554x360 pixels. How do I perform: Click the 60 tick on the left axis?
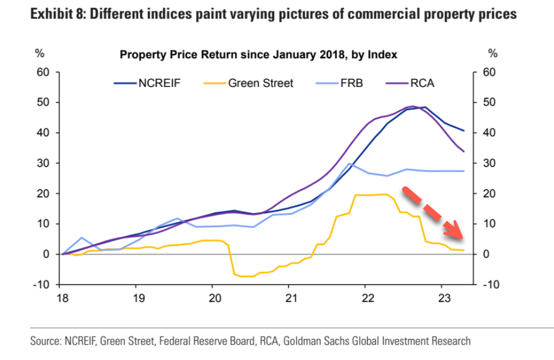(43, 72)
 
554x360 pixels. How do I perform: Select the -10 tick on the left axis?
(41, 284)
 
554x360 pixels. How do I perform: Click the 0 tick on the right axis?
(486, 254)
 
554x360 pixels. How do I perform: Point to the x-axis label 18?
(62, 298)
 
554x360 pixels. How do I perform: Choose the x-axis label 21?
(290, 298)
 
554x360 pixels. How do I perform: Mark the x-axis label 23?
(442, 298)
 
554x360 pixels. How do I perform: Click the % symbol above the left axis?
(40, 53)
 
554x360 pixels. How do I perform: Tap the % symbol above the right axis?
(493, 53)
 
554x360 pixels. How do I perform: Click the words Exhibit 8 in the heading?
(57, 14)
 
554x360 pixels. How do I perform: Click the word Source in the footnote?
(46, 341)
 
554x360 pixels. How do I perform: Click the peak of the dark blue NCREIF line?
(424, 107)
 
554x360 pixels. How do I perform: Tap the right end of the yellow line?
(464, 250)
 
